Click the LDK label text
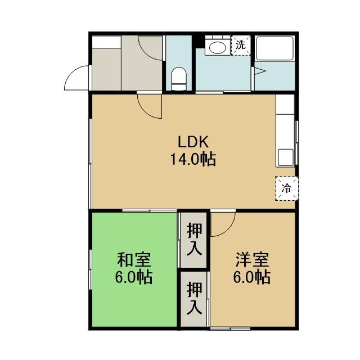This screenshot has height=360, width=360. (x=193, y=142)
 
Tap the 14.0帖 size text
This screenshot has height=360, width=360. (x=193, y=159)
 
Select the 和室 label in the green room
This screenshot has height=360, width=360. (x=134, y=260)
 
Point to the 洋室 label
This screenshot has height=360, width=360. (x=251, y=260)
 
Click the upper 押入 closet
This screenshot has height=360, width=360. (x=194, y=240)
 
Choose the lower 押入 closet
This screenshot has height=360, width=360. (x=194, y=299)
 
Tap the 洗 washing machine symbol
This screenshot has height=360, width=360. (x=241, y=46)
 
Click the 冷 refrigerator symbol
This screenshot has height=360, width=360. (x=287, y=188)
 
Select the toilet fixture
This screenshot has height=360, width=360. (x=179, y=79)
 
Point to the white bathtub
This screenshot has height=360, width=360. (x=275, y=48)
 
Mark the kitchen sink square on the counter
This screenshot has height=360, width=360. (x=286, y=157)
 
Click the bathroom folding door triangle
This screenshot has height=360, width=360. (x=260, y=71)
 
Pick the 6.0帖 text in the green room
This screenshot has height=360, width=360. (x=134, y=277)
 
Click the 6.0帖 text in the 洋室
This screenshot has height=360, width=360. (x=251, y=277)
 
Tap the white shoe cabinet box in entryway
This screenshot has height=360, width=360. (x=106, y=42)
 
